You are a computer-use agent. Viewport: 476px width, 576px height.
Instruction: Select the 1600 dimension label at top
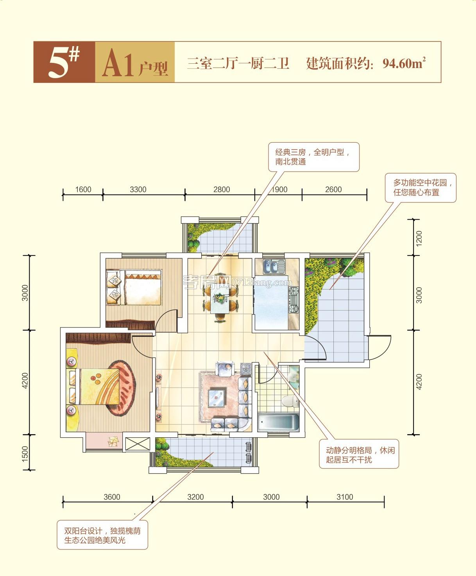[x=83, y=190]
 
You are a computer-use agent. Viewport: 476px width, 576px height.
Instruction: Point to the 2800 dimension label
[x=222, y=190]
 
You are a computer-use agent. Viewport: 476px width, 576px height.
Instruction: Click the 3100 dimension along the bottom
[x=345, y=497]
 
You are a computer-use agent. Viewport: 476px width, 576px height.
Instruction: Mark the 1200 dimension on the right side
[x=419, y=238]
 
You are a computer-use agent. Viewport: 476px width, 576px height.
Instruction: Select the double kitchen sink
[x=275, y=267]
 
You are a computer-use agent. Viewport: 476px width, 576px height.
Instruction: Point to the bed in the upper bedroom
[x=134, y=287]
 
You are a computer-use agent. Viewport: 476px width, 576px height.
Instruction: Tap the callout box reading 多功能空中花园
[x=421, y=188]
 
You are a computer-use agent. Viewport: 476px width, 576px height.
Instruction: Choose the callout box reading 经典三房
[x=313, y=157]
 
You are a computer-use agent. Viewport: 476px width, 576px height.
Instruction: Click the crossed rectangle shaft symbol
[x=137, y=444]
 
